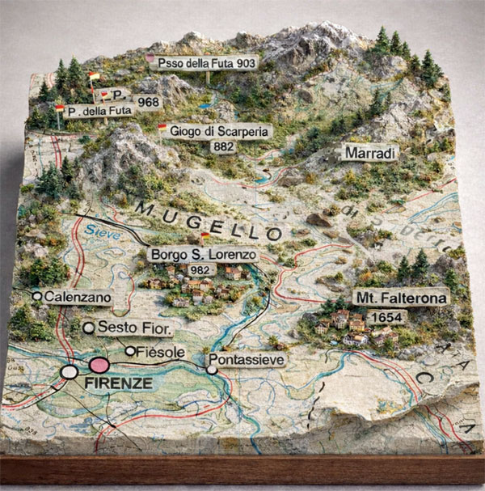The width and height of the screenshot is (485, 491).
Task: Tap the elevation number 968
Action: point(149,103)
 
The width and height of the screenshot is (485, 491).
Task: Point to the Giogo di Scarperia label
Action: point(215,130)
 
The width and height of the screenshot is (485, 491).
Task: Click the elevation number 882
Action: point(222,146)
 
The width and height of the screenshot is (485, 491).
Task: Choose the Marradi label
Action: point(370,152)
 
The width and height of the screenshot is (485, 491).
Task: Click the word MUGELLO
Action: point(209,219)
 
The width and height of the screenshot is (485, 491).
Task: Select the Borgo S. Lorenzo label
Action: point(203,254)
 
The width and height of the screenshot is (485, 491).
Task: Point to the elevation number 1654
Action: point(385,317)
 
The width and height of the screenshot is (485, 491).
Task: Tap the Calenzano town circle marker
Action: point(37,297)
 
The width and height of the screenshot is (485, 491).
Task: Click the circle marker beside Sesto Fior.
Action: point(89,328)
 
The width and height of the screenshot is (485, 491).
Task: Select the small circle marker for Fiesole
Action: point(130,351)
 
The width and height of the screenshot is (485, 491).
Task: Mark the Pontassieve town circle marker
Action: point(212,370)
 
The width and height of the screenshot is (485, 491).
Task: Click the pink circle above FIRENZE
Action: point(99,365)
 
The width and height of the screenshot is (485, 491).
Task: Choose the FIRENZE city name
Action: point(119,383)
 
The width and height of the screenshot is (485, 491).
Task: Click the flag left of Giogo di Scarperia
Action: point(162,127)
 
